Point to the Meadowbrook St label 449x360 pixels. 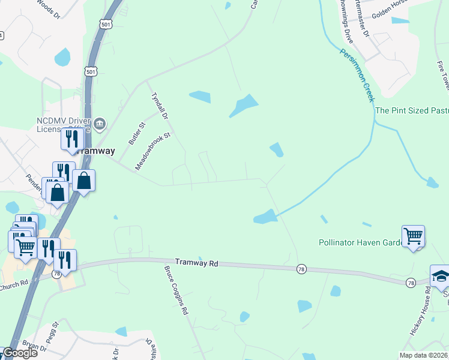153,152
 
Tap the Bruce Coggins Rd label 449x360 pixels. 176,290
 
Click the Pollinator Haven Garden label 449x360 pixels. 360,243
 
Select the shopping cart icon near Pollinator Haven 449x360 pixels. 413,236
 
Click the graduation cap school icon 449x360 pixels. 440,275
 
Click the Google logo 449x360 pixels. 19,353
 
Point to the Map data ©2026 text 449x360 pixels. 423,355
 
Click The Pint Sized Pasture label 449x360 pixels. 412,110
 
